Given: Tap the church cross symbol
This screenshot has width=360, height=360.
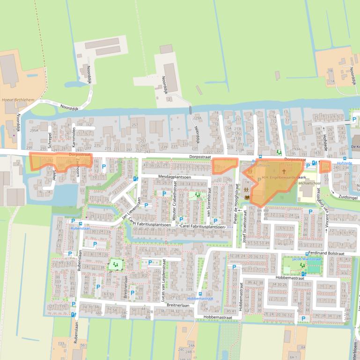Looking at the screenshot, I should pyautogui.click(x=284, y=172).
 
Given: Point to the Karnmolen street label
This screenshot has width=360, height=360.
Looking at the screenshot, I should pyautogui.click(x=74, y=136).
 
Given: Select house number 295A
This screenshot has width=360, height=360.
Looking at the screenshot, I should pyautogui.click(x=34, y=131).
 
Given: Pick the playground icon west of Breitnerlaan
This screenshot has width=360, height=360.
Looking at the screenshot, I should pyautogui.click(x=115, y=265).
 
